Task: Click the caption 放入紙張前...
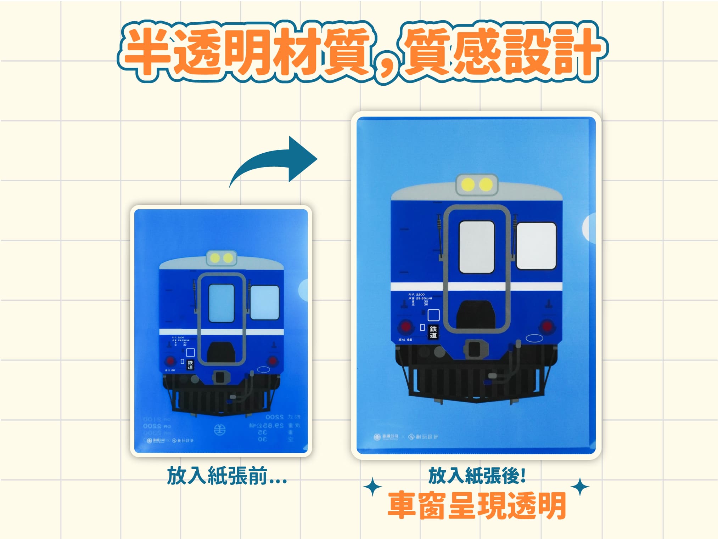227,476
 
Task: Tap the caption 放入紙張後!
477,475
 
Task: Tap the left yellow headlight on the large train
468,185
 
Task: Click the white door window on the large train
476,247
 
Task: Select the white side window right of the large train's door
536,245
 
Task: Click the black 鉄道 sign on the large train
433,332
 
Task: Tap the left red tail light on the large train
405,326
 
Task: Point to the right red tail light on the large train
548,326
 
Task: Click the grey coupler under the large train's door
475,349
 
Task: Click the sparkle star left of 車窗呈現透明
372,487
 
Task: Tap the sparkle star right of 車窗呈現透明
580,487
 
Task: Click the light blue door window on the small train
221,303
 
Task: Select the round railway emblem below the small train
220,430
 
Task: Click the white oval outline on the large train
534,338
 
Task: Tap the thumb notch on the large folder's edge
589,228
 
